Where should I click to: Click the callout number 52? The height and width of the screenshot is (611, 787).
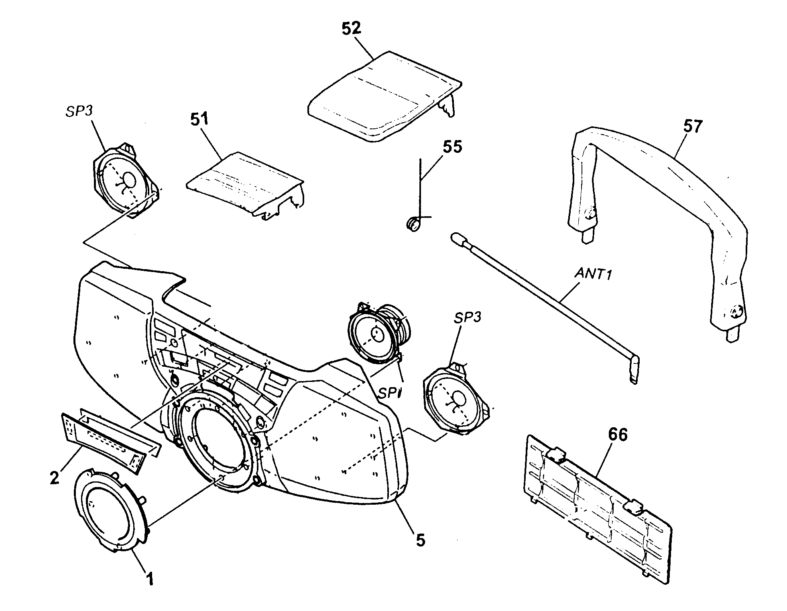(x=351, y=29)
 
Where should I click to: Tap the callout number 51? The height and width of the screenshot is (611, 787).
(x=199, y=120)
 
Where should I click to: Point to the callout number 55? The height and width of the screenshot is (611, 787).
(x=452, y=146)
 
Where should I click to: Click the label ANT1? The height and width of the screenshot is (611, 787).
(x=593, y=274)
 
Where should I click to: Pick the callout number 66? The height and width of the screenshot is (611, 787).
(x=618, y=434)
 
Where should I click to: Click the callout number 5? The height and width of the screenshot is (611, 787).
(x=420, y=540)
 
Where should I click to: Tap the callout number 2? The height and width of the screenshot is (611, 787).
(x=55, y=477)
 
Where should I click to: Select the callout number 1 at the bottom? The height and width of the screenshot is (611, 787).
(x=149, y=579)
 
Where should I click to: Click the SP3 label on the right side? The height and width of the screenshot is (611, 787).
(x=468, y=317)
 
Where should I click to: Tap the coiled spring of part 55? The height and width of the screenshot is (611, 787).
(x=413, y=223)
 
